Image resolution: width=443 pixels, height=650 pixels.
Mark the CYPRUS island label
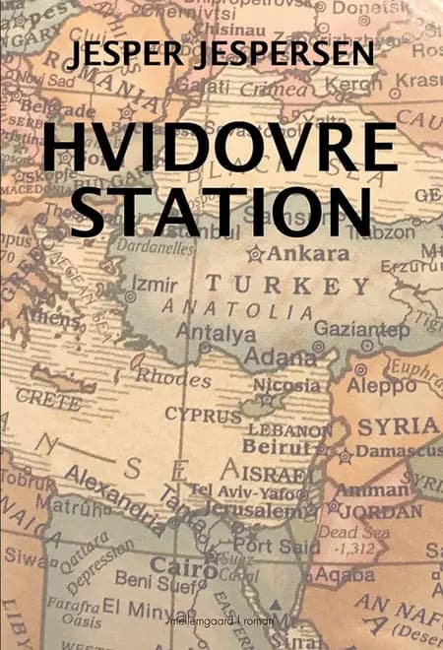pos(202,415)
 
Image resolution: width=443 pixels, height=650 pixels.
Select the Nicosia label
pos(286,384)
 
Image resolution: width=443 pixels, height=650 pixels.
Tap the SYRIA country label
pos(399,426)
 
